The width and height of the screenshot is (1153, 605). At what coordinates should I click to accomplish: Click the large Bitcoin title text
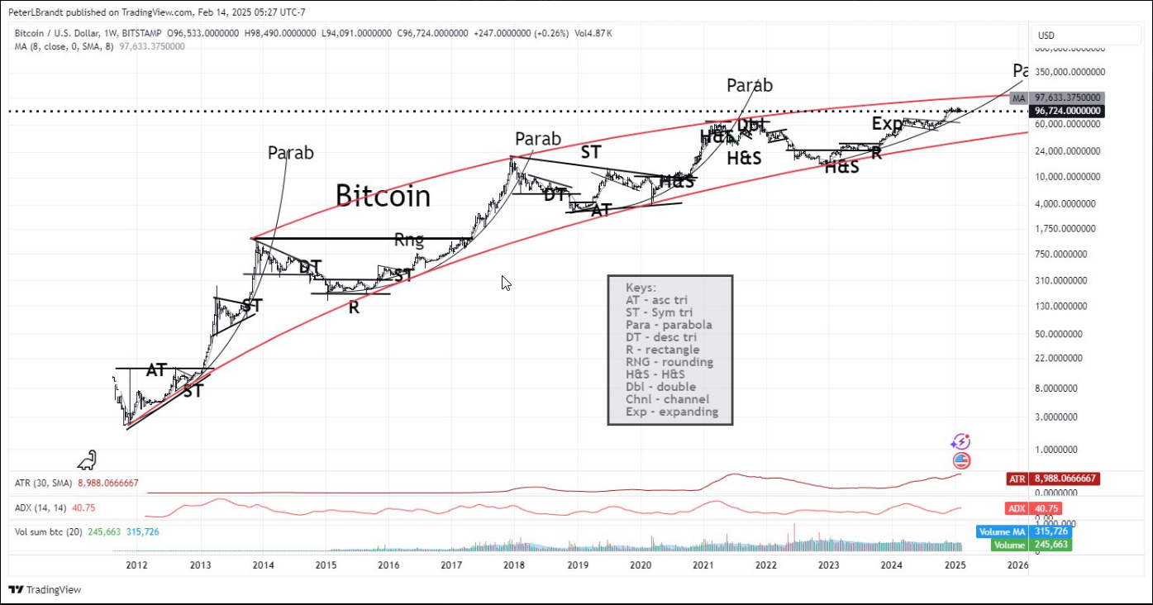click(x=383, y=196)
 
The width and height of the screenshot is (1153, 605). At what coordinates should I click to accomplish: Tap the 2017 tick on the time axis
click(x=451, y=565)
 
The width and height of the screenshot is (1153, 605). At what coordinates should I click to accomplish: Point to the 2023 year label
click(x=828, y=565)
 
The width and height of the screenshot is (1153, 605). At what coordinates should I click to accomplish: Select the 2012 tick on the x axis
click(x=137, y=565)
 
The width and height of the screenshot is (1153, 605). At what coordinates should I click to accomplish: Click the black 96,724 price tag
click(x=1066, y=110)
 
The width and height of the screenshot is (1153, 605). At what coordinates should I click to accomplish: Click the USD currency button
click(x=1046, y=36)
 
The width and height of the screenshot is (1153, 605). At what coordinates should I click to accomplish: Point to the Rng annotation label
click(x=408, y=241)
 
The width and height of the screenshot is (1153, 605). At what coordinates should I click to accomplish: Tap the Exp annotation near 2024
click(x=887, y=124)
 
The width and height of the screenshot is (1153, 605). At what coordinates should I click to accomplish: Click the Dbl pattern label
click(x=751, y=125)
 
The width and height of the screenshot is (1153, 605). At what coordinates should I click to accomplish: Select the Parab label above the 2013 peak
click(x=291, y=153)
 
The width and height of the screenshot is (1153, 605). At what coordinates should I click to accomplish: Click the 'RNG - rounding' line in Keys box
click(x=669, y=362)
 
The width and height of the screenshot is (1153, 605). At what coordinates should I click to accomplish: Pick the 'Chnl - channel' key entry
click(x=667, y=399)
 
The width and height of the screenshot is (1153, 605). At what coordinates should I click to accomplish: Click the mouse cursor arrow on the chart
click(x=506, y=283)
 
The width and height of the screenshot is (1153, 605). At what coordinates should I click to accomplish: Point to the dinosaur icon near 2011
click(x=87, y=459)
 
